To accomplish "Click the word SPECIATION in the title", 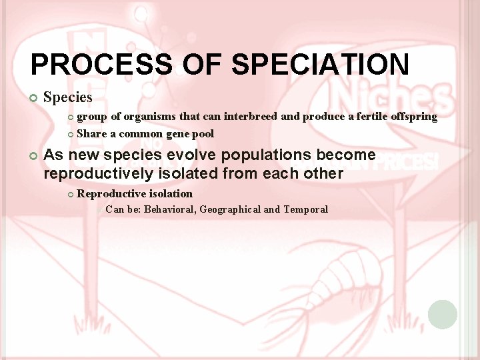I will tap(320, 65).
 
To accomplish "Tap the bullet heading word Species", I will tap(67, 97).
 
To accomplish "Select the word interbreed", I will tap(251, 117).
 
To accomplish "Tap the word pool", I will tap(203, 133).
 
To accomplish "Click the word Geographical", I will tap(230, 209).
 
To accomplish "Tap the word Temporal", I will tap(305, 209).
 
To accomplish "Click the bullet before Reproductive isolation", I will tap(71, 194).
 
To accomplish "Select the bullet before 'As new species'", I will tap(34, 155).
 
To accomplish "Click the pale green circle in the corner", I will tap(443, 314).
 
